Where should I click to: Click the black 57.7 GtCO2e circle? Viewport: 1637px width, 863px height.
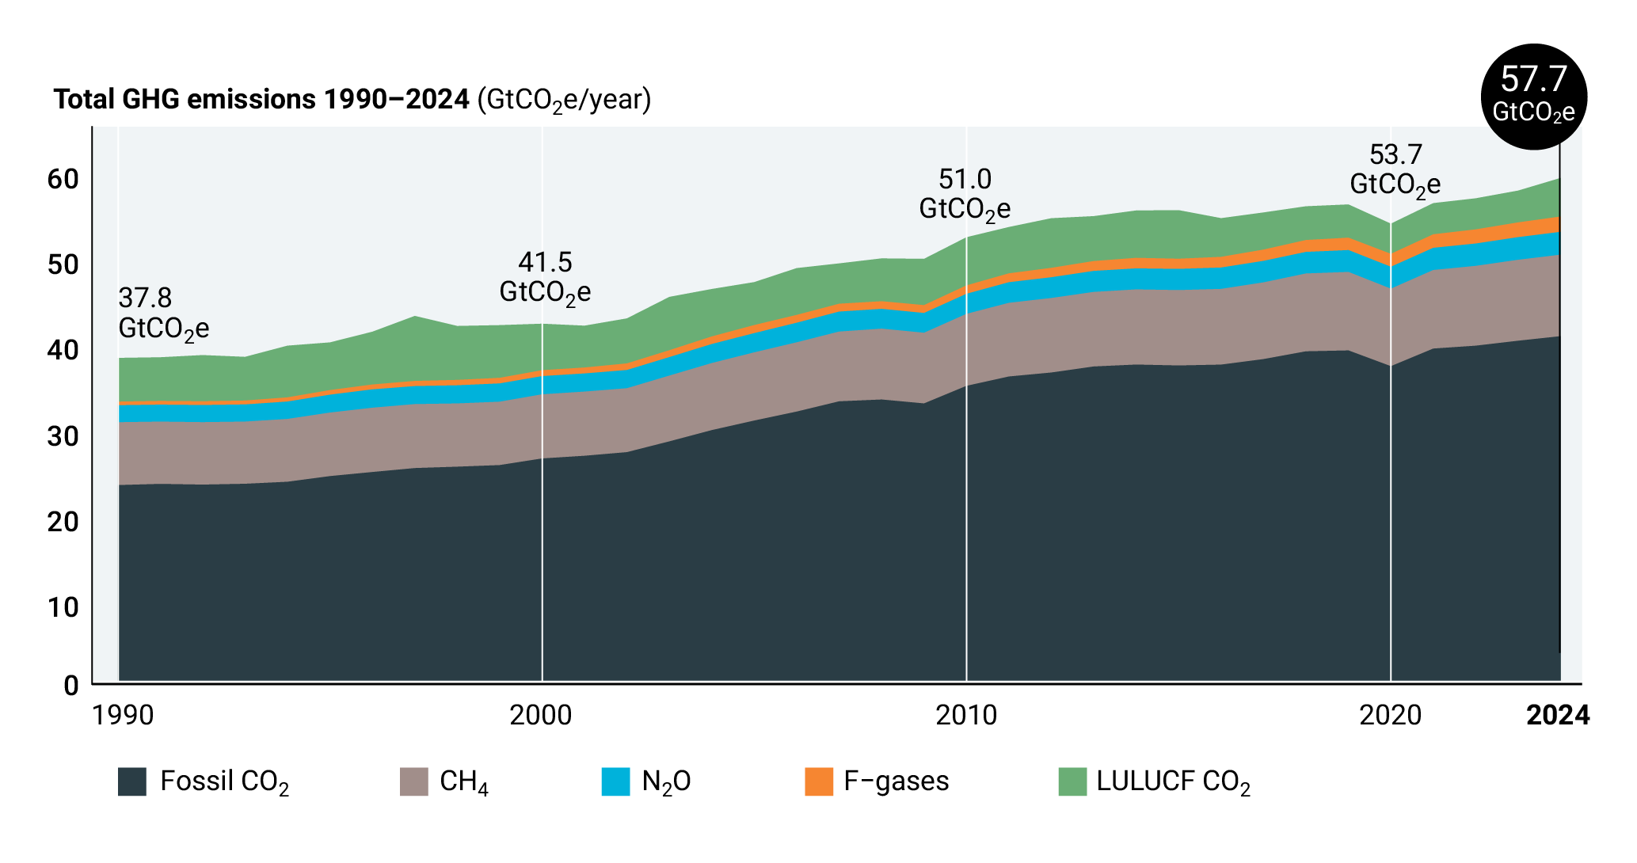(1533, 97)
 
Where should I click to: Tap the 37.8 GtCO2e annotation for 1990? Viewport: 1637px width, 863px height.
(163, 314)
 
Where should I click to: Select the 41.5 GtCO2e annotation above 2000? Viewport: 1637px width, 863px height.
(545, 277)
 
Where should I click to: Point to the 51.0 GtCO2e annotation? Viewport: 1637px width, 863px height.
(965, 194)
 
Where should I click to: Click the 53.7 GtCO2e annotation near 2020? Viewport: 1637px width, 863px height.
(1395, 169)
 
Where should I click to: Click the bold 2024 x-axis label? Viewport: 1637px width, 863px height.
(1557, 716)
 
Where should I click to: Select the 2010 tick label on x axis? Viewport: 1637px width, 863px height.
(966, 716)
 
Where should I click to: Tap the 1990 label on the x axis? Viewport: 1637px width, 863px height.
(123, 716)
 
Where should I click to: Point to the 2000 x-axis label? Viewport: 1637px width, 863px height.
(541, 716)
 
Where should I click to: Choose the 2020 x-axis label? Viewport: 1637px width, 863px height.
(1391, 716)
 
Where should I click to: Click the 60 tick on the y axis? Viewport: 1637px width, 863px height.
(63, 179)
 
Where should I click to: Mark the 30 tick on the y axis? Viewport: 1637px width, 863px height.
(63, 436)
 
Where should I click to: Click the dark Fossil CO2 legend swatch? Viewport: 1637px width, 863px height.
(132, 781)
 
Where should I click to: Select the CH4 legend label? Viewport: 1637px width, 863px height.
(464, 781)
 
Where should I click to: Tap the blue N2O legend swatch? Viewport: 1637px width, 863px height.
(615, 781)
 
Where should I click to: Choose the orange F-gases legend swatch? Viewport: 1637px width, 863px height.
(819, 781)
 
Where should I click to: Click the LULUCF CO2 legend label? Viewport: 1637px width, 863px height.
(1173, 781)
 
